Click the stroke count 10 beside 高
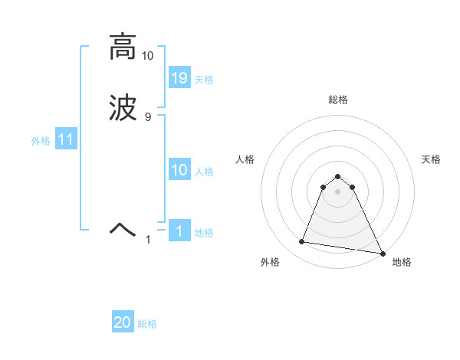(x=147, y=56)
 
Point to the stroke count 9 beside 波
(x=148, y=116)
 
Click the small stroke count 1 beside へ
(x=149, y=240)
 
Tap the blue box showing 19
(x=179, y=78)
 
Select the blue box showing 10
(x=179, y=171)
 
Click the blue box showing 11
(x=66, y=140)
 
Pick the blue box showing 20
(x=123, y=323)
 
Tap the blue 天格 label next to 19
(x=204, y=80)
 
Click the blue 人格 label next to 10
(x=204, y=172)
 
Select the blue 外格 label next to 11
(x=41, y=141)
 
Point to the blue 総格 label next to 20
(x=147, y=324)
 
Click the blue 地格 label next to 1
(x=204, y=233)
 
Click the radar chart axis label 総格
(x=338, y=100)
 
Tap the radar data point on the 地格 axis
(x=381, y=254)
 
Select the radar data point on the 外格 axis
(x=302, y=242)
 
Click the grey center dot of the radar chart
(x=337, y=191)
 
